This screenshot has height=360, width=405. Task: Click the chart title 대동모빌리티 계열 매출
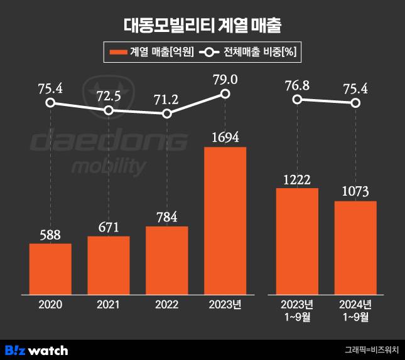(202, 26)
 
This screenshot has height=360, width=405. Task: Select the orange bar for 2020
(50, 268)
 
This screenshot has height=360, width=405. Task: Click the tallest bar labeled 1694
(225, 220)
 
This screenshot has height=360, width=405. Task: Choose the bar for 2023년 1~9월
(297, 240)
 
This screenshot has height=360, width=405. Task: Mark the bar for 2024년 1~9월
(355, 246)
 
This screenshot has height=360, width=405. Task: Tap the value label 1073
(355, 191)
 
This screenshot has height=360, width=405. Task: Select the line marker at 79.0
(225, 94)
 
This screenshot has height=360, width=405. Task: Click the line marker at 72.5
(109, 110)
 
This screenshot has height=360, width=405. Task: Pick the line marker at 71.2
(167, 114)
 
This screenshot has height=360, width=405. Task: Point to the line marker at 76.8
(297, 100)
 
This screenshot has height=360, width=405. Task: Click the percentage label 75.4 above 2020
(50, 88)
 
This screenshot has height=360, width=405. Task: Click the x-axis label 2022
(167, 305)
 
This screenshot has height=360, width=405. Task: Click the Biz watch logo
(36, 349)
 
